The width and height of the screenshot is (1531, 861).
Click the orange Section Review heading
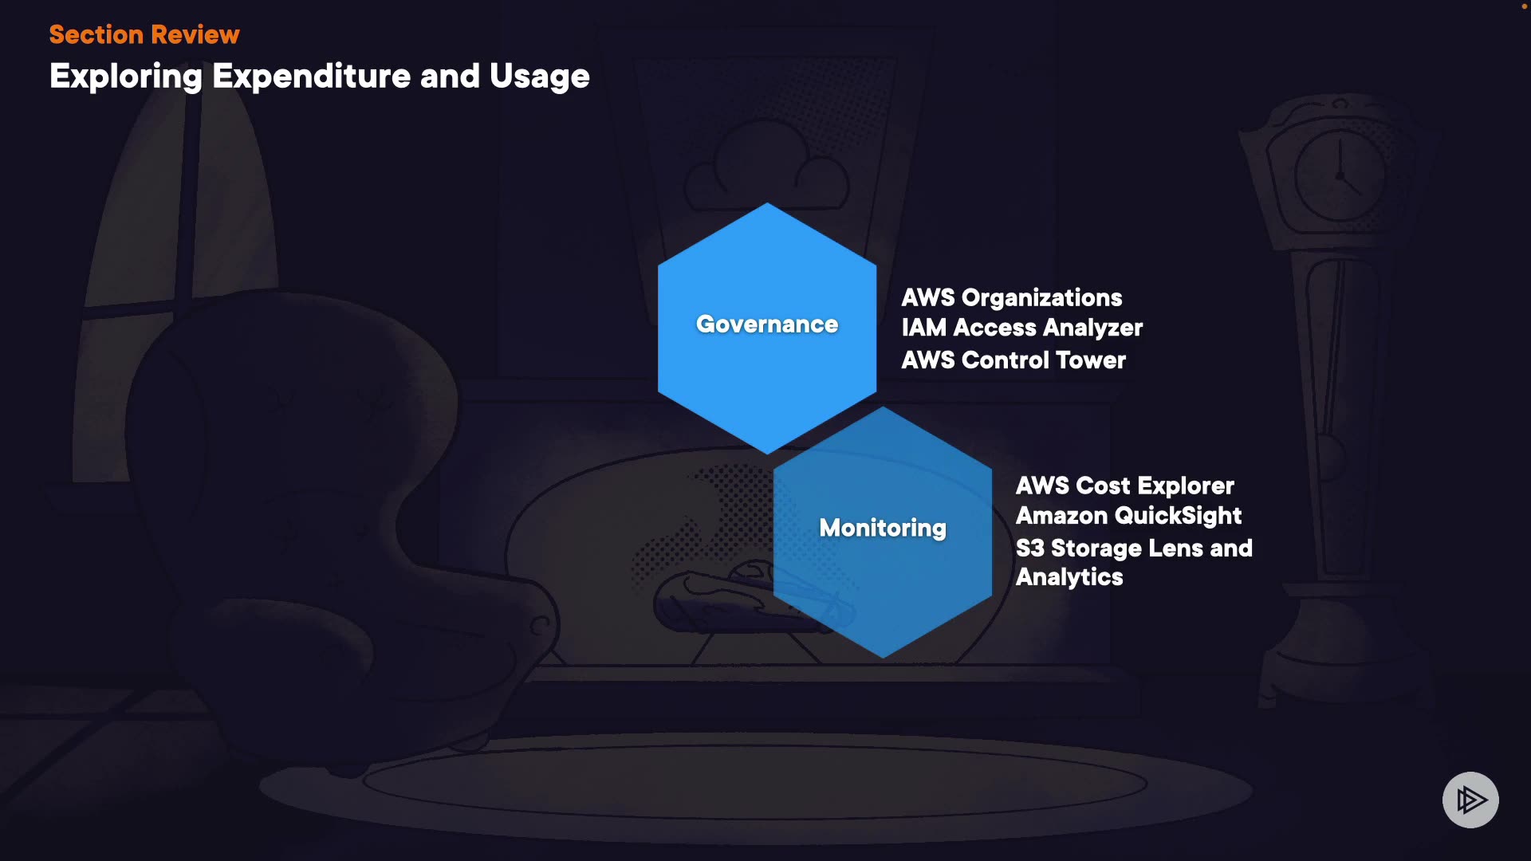click(144, 34)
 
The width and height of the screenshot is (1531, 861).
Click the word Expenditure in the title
click(312, 77)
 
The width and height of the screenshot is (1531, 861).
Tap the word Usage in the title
click(539, 77)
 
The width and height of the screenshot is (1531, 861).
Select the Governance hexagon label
click(767, 324)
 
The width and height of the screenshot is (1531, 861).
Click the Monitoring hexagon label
click(883, 528)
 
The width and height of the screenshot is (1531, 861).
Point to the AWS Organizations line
click(1011, 297)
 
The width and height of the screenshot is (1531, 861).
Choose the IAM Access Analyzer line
click(1021, 328)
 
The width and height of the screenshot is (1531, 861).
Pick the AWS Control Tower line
click(1013, 360)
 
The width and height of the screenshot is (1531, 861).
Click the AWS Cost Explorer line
click(1124, 486)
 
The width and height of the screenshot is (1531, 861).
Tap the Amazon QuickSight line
click(1128, 516)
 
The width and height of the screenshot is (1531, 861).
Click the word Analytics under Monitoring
click(1069, 577)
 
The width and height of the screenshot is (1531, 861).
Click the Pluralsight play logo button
click(1470, 800)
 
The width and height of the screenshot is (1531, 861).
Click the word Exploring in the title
click(126, 77)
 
